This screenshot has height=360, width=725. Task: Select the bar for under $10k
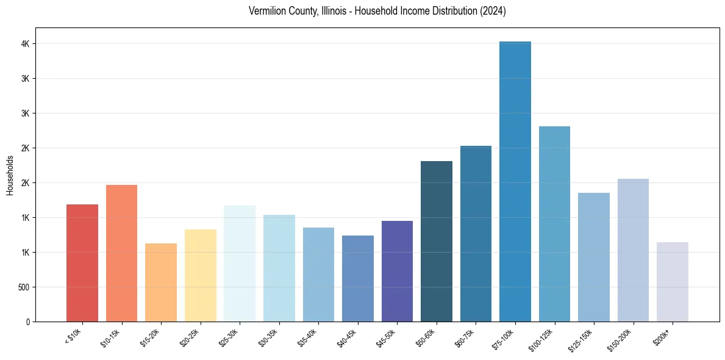[82, 263]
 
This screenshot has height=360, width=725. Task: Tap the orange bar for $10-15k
[121, 253]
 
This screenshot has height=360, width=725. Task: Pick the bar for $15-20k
[161, 283]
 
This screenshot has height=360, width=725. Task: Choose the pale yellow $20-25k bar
[201, 275]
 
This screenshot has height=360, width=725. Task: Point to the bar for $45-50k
[397, 271]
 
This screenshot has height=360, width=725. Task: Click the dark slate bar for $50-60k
[437, 241]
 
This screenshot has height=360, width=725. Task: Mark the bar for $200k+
[673, 282]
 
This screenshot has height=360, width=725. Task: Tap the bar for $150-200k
[633, 250]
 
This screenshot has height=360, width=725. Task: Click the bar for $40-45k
[358, 278]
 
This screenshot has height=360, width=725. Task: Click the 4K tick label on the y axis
[25, 44]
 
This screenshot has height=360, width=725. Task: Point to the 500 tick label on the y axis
[23, 287]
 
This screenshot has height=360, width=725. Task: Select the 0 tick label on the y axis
[27, 322]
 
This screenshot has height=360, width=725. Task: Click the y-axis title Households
[10, 175]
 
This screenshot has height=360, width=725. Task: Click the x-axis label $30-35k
[268, 337]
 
